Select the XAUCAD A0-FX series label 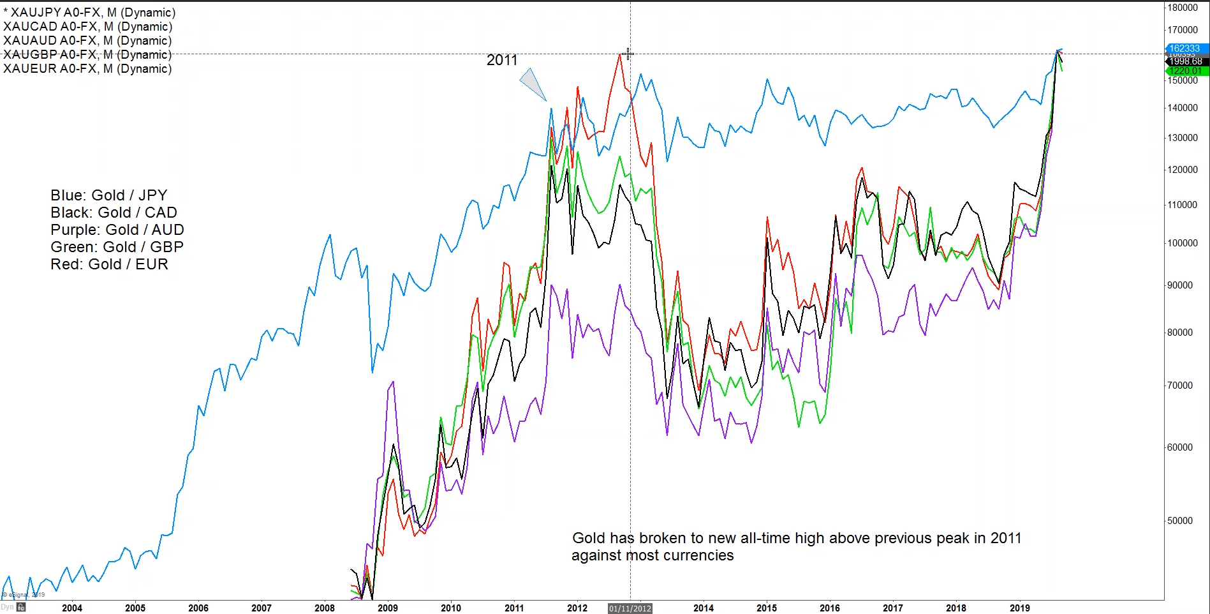point(88,27)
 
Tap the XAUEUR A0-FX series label point(87,69)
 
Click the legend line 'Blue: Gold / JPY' point(108,195)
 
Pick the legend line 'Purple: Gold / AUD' point(117,230)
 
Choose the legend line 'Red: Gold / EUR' point(109,264)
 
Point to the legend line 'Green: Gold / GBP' point(117,247)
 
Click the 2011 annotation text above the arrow point(502,60)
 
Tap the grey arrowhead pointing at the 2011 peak point(533,84)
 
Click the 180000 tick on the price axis point(1182,8)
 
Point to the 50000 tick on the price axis point(1179,521)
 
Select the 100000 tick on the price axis point(1182,243)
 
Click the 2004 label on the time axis point(72,608)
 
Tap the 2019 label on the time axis point(1019,608)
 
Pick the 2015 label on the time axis point(767,608)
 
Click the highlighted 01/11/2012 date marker point(630,608)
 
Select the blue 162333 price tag point(1184,49)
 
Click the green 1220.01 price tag point(1186,71)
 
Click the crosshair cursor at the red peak point(628,54)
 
